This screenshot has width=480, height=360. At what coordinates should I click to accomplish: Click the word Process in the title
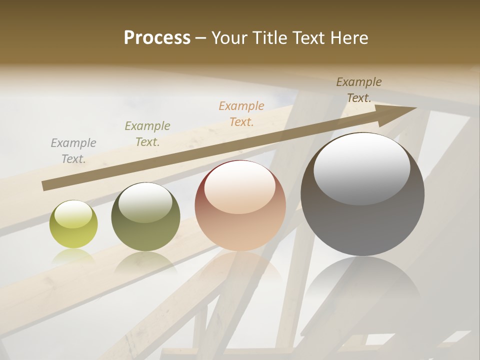[x=157, y=38]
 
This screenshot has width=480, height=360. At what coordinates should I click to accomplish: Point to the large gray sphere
[x=362, y=195]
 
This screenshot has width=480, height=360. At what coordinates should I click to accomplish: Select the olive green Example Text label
[x=147, y=134]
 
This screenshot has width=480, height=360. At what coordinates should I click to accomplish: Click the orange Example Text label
[x=241, y=114]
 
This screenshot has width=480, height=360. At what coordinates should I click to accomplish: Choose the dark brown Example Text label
[x=359, y=90]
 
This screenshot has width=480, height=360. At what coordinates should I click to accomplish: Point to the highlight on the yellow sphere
[x=73, y=213]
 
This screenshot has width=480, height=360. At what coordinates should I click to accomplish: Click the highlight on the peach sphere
[x=239, y=187]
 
